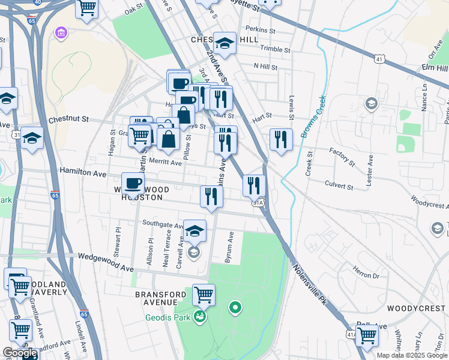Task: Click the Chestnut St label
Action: (x=68, y=119)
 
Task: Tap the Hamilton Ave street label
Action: (x=83, y=172)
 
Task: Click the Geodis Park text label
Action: (x=168, y=316)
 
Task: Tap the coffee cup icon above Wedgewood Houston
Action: (x=133, y=182)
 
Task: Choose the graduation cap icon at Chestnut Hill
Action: (x=224, y=42)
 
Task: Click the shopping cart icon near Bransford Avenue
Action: (x=203, y=295)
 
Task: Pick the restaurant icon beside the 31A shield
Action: (x=254, y=185)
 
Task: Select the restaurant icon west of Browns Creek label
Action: (x=281, y=139)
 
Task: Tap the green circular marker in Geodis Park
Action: (x=235, y=308)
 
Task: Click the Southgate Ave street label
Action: (x=163, y=224)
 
